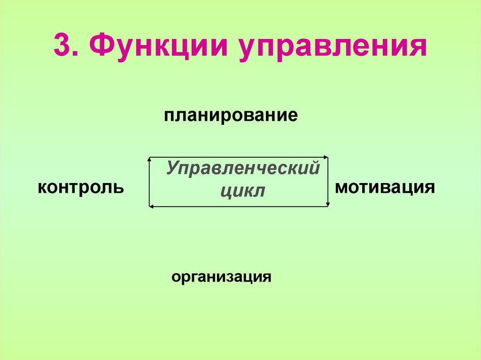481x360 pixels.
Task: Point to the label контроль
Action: click(x=81, y=188)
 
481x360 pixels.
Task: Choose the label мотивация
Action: click(x=384, y=188)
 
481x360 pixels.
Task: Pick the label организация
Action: click(x=221, y=276)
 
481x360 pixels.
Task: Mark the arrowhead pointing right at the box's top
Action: click(x=326, y=157)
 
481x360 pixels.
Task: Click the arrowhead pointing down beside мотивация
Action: click(x=328, y=204)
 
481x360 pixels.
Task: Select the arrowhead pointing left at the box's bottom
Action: click(x=151, y=206)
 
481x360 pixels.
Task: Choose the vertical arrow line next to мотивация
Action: click(x=328, y=182)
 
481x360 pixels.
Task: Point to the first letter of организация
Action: click(x=175, y=277)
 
